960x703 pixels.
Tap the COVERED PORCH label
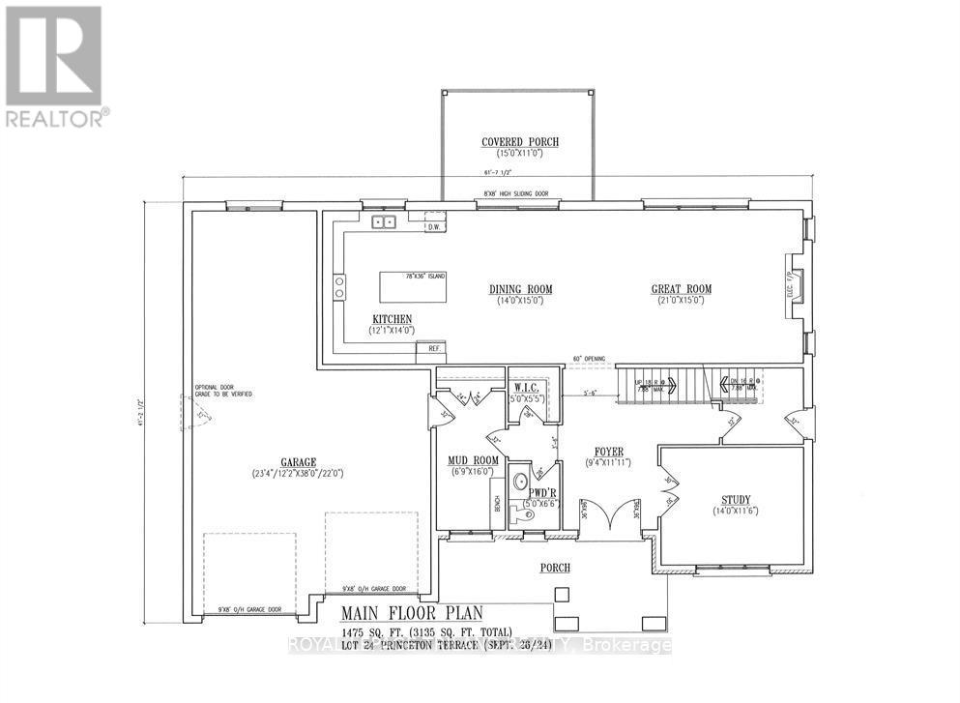[x=520, y=142]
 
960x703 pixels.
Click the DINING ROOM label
[x=520, y=289]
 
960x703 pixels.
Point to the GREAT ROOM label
[x=681, y=289]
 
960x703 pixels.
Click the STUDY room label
[x=736, y=500]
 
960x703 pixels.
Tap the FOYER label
[x=608, y=452]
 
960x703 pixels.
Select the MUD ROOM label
[x=472, y=459]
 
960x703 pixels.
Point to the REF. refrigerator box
[x=431, y=349]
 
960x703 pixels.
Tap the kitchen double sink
[x=384, y=221]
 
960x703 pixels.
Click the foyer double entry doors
[x=609, y=514]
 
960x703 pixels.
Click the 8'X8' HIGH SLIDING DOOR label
[x=516, y=194]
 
